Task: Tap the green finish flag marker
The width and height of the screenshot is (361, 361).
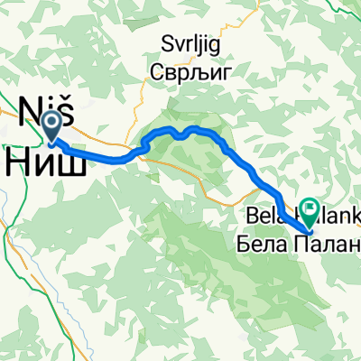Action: coord(310,211)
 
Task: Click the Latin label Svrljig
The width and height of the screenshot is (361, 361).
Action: coord(183,42)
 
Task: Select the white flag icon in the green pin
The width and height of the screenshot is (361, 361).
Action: coord(310,208)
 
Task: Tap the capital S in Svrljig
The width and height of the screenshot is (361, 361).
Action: coord(163,42)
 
